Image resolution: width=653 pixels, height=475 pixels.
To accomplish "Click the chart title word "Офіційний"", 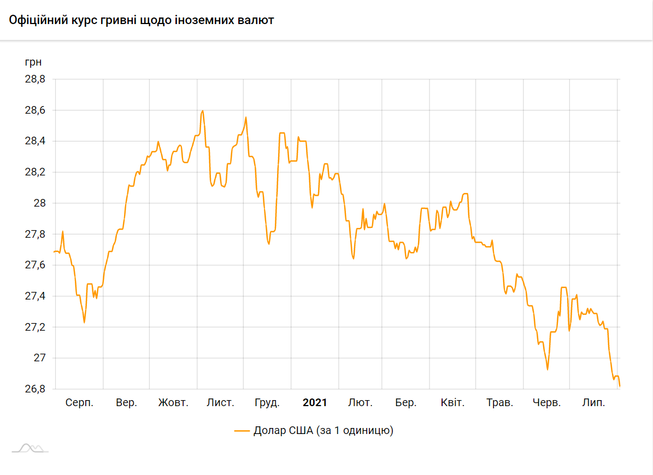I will tap(36, 21).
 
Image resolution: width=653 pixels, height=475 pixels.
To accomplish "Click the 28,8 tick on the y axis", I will tap(34, 79).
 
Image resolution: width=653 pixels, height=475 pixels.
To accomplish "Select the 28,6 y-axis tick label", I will tap(34, 110).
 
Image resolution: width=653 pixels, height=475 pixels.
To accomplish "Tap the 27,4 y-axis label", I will tap(34, 296).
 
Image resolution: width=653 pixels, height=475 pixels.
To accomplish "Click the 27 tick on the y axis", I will tap(40, 358).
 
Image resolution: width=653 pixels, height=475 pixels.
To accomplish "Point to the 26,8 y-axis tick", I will tap(34, 389).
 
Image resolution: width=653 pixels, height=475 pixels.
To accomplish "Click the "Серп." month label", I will tap(79, 403).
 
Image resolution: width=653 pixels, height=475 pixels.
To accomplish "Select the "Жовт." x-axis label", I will tap(173, 403).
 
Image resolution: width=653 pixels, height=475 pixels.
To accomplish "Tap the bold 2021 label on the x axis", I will tap(315, 403).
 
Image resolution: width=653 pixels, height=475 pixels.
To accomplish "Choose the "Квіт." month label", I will tap(452, 403).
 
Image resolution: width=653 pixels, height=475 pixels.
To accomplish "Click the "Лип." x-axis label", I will tap(593, 403).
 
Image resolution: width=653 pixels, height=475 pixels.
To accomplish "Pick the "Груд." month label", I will tap(267, 403).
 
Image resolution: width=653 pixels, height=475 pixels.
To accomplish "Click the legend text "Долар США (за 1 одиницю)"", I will tap(323, 430).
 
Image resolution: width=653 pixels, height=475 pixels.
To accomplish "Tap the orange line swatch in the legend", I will tap(242, 431).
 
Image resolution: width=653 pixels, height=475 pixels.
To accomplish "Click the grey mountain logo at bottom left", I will tap(30, 448).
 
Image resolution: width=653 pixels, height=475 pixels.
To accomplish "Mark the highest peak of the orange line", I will tap(203, 111).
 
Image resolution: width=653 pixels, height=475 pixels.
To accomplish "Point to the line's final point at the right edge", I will tap(620, 386).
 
